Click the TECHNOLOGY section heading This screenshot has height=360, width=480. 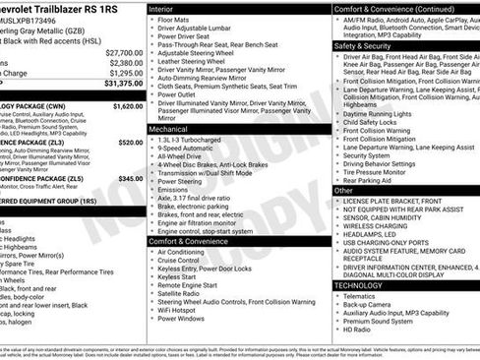pyautogui.click(x=361, y=285)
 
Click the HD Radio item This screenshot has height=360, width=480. pyautogui.click(x=360, y=330)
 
